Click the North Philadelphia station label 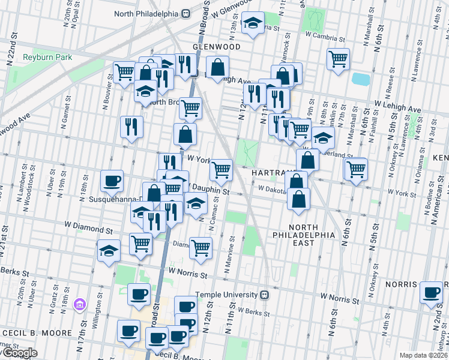(146, 14)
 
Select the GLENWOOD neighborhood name (217, 47)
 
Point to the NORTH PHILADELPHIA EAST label (311, 235)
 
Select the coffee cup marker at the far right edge (432, 292)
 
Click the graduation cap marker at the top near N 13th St (253, 23)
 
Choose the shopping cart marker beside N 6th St (357, 168)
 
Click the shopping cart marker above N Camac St (221, 170)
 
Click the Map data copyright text (423, 355)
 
